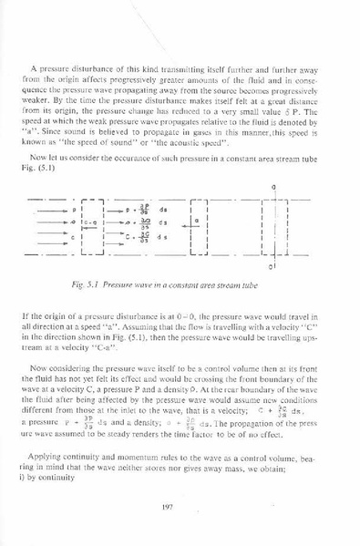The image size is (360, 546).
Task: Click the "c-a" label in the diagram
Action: (x=64, y=221)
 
